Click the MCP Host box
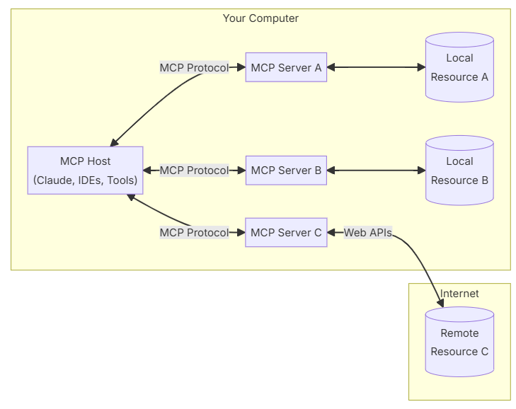(x=85, y=171)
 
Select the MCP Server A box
(x=286, y=67)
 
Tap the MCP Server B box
(x=286, y=171)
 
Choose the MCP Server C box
(x=286, y=232)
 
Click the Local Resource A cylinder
(x=459, y=67)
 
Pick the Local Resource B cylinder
(x=459, y=171)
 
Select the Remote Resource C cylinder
(x=459, y=342)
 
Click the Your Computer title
(x=260, y=18)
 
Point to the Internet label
(x=459, y=293)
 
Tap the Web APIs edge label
(x=368, y=233)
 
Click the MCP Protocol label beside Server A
(x=194, y=67)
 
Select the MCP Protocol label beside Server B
(x=194, y=171)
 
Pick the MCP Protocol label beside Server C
(x=194, y=233)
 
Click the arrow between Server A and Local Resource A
(x=376, y=67)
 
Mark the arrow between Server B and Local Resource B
(x=376, y=171)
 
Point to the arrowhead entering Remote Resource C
(x=440, y=303)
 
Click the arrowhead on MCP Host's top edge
(x=114, y=142)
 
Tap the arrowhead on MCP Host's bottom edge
(x=131, y=197)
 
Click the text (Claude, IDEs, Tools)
(x=85, y=180)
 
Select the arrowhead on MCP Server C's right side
(x=331, y=233)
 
